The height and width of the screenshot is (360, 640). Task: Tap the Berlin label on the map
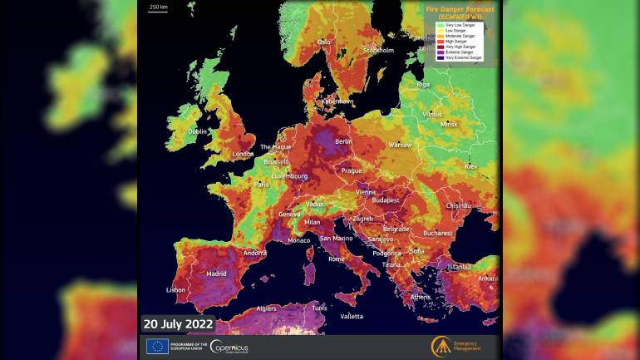[x=343, y=142]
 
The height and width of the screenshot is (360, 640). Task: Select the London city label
[x=243, y=154]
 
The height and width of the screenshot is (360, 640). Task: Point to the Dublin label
[x=197, y=131]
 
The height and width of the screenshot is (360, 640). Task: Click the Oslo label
[x=323, y=42]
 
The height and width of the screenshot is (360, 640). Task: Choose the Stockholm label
[x=378, y=50]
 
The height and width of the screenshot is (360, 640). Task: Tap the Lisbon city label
[x=176, y=290]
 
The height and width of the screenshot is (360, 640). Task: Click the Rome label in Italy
[x=337, y=259]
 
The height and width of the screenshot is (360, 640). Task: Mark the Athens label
[x=421, y=297]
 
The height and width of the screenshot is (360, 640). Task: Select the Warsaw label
[x=401, y=145]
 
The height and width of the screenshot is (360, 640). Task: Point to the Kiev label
[x=471, y=167]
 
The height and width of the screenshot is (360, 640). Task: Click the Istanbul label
[x=460, y=267]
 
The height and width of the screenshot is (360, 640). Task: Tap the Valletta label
[x=352, y=316]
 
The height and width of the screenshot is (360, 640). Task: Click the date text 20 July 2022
[x=179, y=323]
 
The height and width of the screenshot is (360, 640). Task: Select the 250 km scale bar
[x=157, y=7]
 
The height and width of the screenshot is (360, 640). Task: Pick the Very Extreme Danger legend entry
[x=463, y=57]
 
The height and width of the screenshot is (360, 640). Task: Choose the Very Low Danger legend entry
[x=460, y=25]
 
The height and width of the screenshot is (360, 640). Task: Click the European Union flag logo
[x=157, y=346]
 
